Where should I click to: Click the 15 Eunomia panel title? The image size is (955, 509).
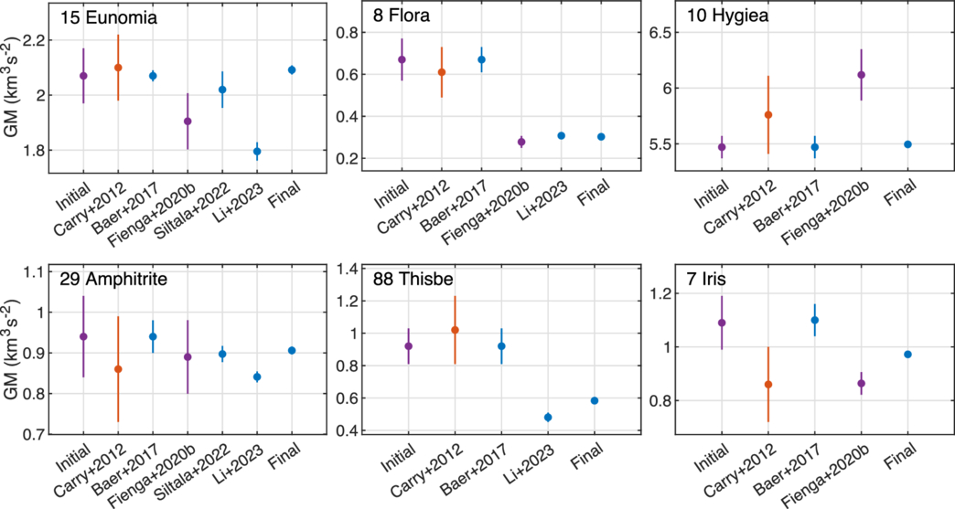pyautogui.click(x=107, y=17)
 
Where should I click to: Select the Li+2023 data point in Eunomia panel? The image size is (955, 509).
pyautogui.click(x=257, y=151)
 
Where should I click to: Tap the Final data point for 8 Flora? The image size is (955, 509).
pyautogui.click(x=601, y=136)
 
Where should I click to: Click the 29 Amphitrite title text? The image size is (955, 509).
pyautogui.click(x=113, y=280)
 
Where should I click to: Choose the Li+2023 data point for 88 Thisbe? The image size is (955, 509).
pyautogui.click(x=548, y=418)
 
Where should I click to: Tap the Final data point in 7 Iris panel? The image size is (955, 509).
pyautogui.click(x=907, y=354)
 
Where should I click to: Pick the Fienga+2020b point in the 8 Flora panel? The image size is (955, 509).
pyautogui.click(x=521, y=142)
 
